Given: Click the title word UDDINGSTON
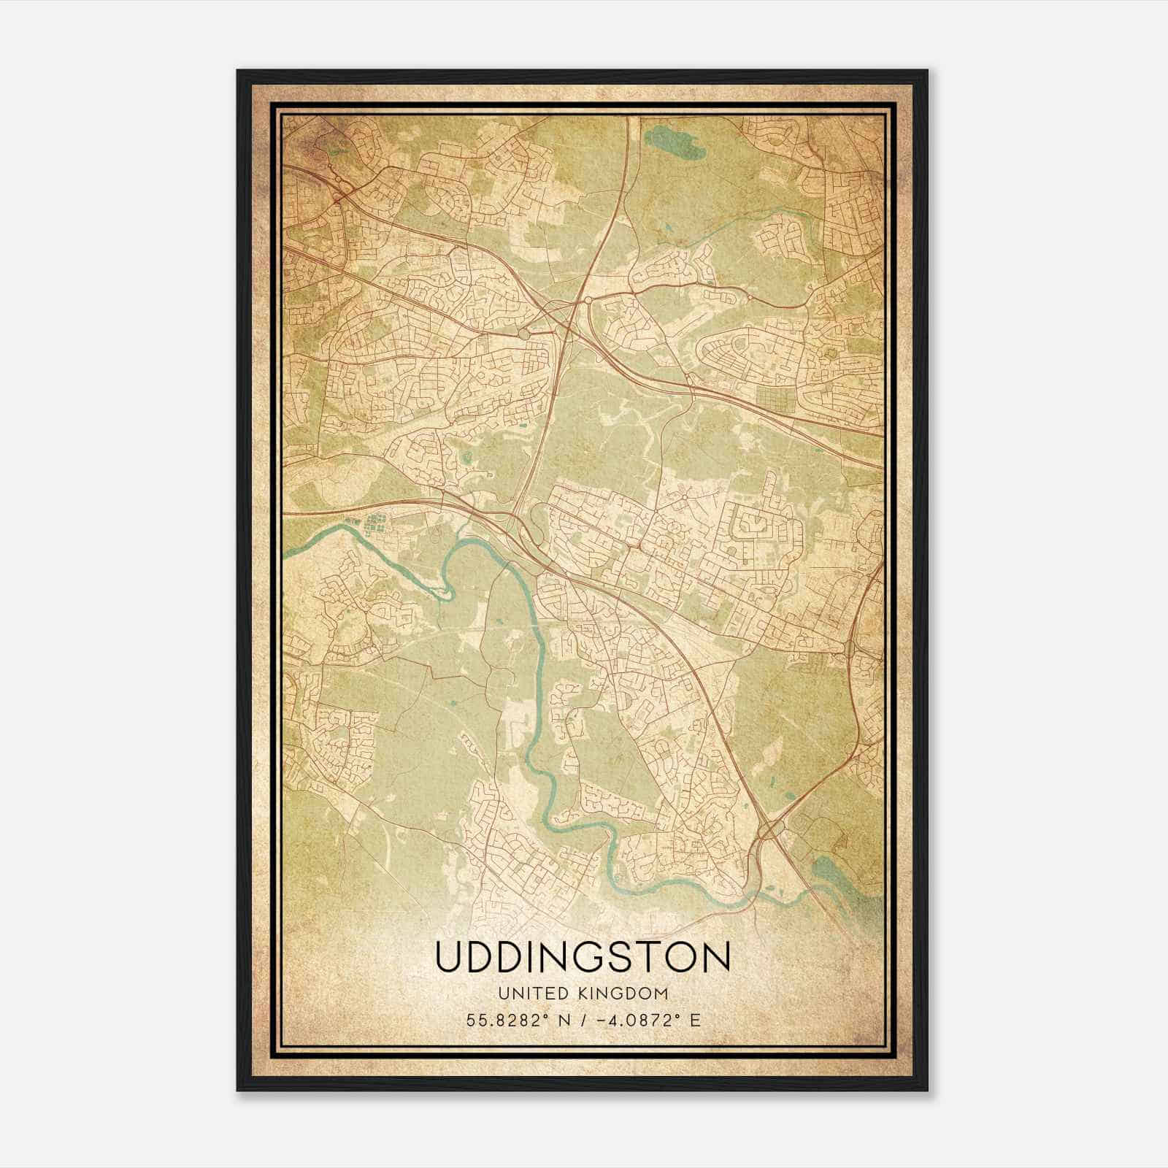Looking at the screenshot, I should click(583, 957).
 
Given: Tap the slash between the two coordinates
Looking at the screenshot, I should click(579, 1021).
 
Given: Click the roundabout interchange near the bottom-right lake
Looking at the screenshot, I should click(770, 828).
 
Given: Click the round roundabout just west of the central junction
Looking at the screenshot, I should click(523, 332).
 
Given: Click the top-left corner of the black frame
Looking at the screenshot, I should click(239, 72).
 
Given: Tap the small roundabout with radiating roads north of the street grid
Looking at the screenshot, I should click(685, 497).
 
